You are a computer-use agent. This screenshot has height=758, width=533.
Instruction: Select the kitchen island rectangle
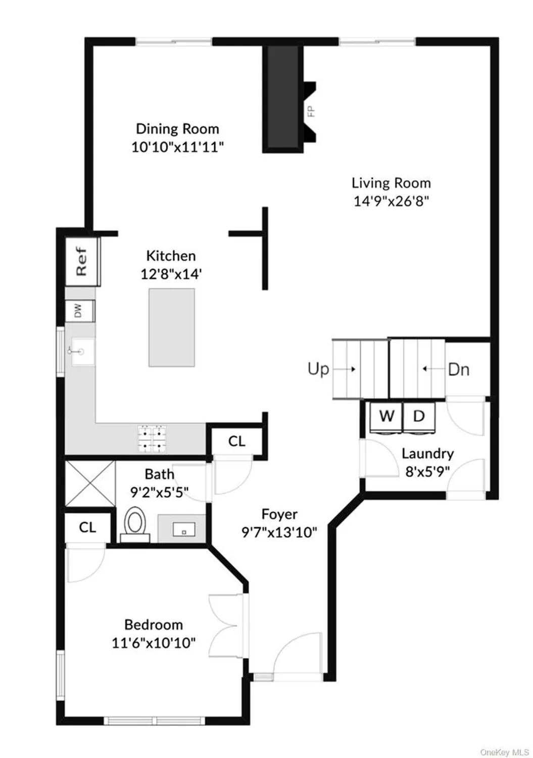[171, 327]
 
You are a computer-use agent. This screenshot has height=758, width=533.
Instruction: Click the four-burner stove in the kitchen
[153, 439]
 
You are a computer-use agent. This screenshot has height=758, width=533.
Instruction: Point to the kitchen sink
[82, 351]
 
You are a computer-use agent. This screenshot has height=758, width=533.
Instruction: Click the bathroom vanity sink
[183, 529]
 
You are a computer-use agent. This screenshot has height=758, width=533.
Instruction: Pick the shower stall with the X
[90, 483]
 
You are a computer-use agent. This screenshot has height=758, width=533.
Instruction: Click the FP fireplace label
[311, 111]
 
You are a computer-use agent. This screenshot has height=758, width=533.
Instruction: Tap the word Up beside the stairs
[318, 369]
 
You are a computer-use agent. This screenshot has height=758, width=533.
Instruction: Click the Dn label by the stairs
[459, 369]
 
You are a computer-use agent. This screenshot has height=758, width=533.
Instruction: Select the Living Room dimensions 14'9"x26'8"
[391, 201]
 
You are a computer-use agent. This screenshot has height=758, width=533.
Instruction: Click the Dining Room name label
[177, 129]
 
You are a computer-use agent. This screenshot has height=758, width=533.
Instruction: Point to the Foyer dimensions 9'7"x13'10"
[279, 532]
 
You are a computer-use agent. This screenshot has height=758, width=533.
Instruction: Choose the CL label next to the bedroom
[87, 528]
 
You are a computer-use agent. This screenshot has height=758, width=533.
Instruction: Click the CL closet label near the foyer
[236, 441]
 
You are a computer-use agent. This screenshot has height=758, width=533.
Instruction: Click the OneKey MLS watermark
[504, 752]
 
